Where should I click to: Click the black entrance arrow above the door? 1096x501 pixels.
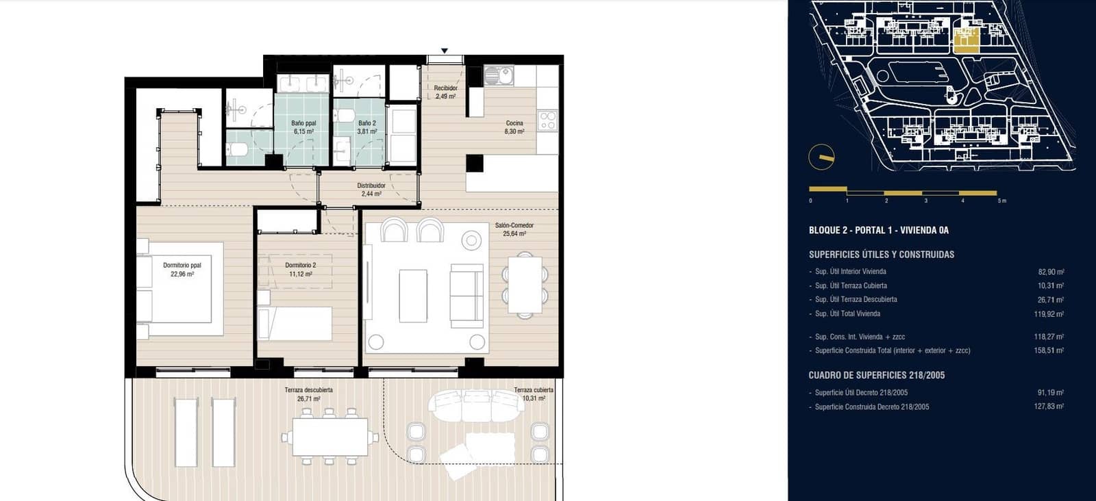[x=445, y=51]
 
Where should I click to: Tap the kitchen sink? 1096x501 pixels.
[x=498, y=75]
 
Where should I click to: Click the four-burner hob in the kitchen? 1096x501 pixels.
[x=547, y=121]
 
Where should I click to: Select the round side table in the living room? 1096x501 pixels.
[x=471, y=240]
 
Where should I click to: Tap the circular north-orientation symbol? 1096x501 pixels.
[x=821, y=158]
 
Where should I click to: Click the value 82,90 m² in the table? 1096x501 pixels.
[x=1051, y=272]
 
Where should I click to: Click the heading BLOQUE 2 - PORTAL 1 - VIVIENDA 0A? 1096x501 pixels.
[x=879, y=230]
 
